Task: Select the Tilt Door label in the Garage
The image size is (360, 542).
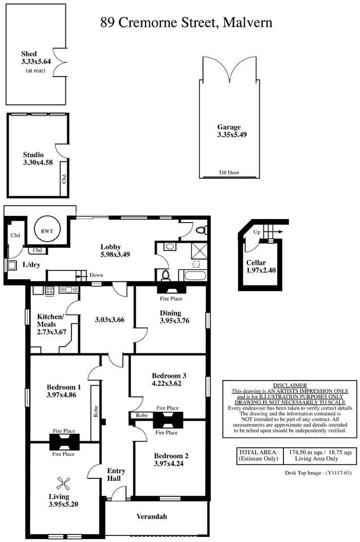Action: (228, 172)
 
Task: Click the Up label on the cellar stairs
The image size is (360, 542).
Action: (256, 232)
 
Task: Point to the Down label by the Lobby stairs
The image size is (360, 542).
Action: (96, 275)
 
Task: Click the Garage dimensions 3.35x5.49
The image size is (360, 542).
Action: (232, 135)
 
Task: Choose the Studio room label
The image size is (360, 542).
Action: (33, 154)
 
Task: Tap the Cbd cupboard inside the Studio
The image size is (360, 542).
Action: (64, 178)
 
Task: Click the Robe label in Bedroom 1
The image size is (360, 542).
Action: (96, 411)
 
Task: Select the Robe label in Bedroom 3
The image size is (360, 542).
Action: (142, 415)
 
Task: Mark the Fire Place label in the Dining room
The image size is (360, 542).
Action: (171, 298)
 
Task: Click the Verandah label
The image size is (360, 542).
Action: (152, 516)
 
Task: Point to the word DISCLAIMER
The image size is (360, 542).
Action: (290, 385)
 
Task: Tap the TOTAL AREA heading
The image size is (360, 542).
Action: (258, 452)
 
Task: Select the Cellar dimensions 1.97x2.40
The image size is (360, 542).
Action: (261, 270)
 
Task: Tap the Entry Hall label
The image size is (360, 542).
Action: (115, 475)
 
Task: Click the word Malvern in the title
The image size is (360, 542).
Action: (247, 23)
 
